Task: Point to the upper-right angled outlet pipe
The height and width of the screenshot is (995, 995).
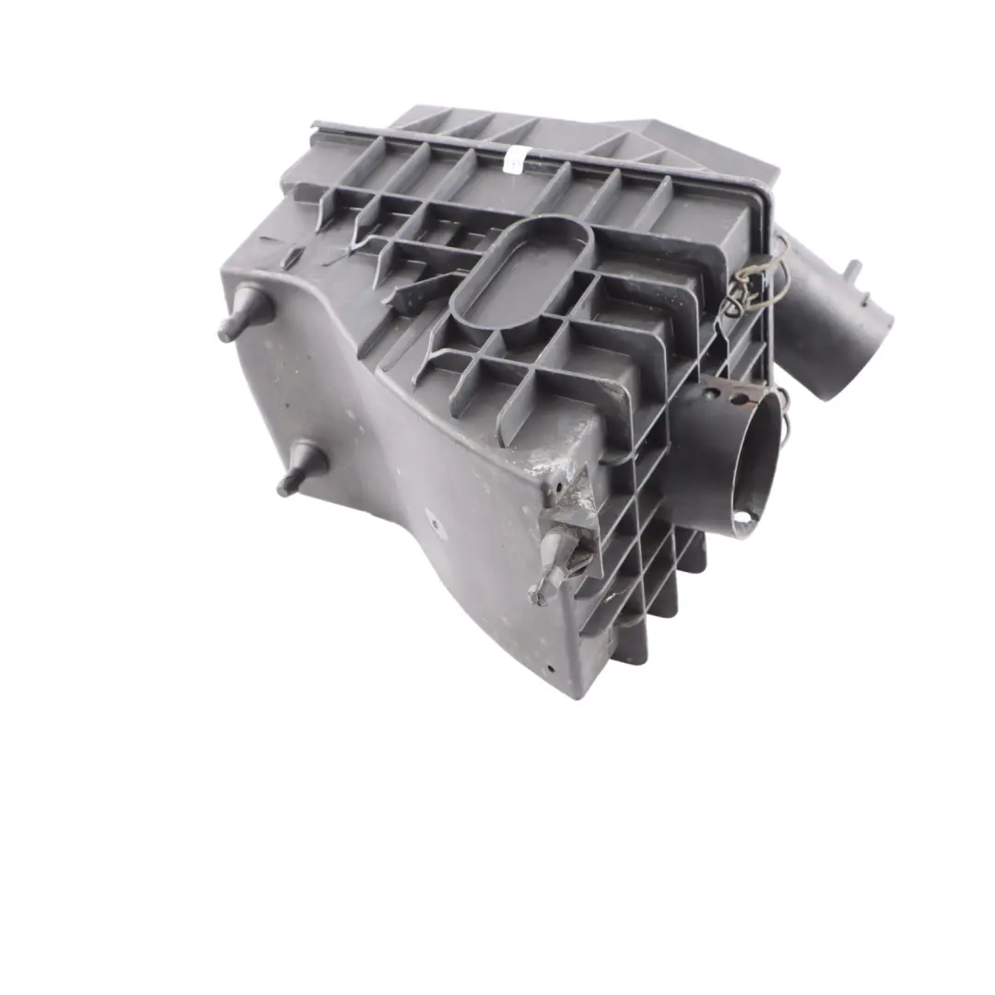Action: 834,313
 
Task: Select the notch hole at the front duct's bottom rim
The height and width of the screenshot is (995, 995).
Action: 743,516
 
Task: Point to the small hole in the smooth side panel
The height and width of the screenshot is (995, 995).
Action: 434,525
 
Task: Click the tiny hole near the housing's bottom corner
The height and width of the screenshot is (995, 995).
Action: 549,670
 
